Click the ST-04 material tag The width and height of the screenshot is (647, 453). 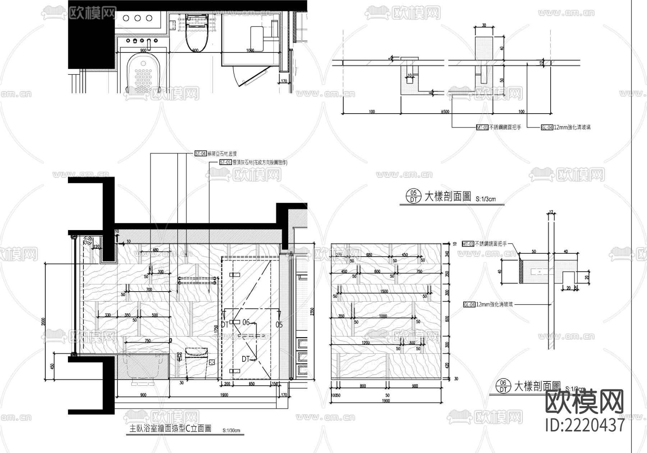(201, 154)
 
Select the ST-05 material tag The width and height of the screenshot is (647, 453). (225, 162)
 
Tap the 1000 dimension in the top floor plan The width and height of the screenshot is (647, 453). (251, 50)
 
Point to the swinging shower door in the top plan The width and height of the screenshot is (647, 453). (252, 77)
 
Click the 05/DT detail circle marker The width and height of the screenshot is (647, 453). (413, 196)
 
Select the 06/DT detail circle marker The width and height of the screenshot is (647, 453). (503, 386)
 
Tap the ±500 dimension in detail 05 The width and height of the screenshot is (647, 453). (445, 111)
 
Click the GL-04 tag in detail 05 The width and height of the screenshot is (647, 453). (546, 127)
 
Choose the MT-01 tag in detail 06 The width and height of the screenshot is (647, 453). (468, 244)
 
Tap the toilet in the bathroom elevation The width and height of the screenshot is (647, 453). (196, 360)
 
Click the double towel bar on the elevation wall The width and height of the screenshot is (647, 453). (197, 280)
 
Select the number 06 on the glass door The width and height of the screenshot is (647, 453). (246, 322)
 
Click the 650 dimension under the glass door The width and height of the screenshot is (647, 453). (251, 384)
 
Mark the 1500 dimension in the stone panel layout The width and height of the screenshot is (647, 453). (384, 291)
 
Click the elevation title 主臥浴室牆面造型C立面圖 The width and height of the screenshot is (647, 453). (170, 429)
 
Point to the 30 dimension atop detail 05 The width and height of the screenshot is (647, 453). (484, 26)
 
